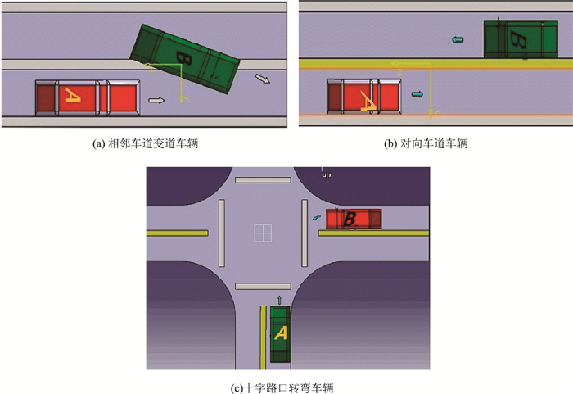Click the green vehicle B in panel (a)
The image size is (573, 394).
tap(185, 58)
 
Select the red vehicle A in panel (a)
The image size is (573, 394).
tap(88, 97)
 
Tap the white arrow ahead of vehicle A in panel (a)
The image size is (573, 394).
tap(156, 100)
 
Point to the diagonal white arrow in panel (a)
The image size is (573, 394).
tap(263, 79)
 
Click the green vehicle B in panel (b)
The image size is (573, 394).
tap(521, 39)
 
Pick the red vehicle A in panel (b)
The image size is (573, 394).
tap(364, 96)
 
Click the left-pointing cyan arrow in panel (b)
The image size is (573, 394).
tap(458, 39)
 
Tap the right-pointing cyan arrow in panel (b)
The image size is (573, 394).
tap(417, 94)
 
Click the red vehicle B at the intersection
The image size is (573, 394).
tap(354, 219)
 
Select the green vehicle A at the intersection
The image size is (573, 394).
tap(280, 334)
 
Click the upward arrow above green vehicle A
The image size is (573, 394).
tap(280, 300)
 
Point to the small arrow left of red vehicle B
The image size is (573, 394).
tap(317, 218)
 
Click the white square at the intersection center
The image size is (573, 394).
tap(263, 233)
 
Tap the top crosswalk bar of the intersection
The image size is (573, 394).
tap(263, 180)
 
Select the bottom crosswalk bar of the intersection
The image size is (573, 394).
tap(263, 287)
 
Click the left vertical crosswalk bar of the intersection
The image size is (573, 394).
tap(222, 233)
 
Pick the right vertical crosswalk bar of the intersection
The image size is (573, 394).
tap(305, 233)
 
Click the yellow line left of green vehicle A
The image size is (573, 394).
tap(263, 337)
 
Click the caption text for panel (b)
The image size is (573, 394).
tap(426, 144)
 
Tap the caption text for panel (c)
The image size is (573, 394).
tap(282, 387)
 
